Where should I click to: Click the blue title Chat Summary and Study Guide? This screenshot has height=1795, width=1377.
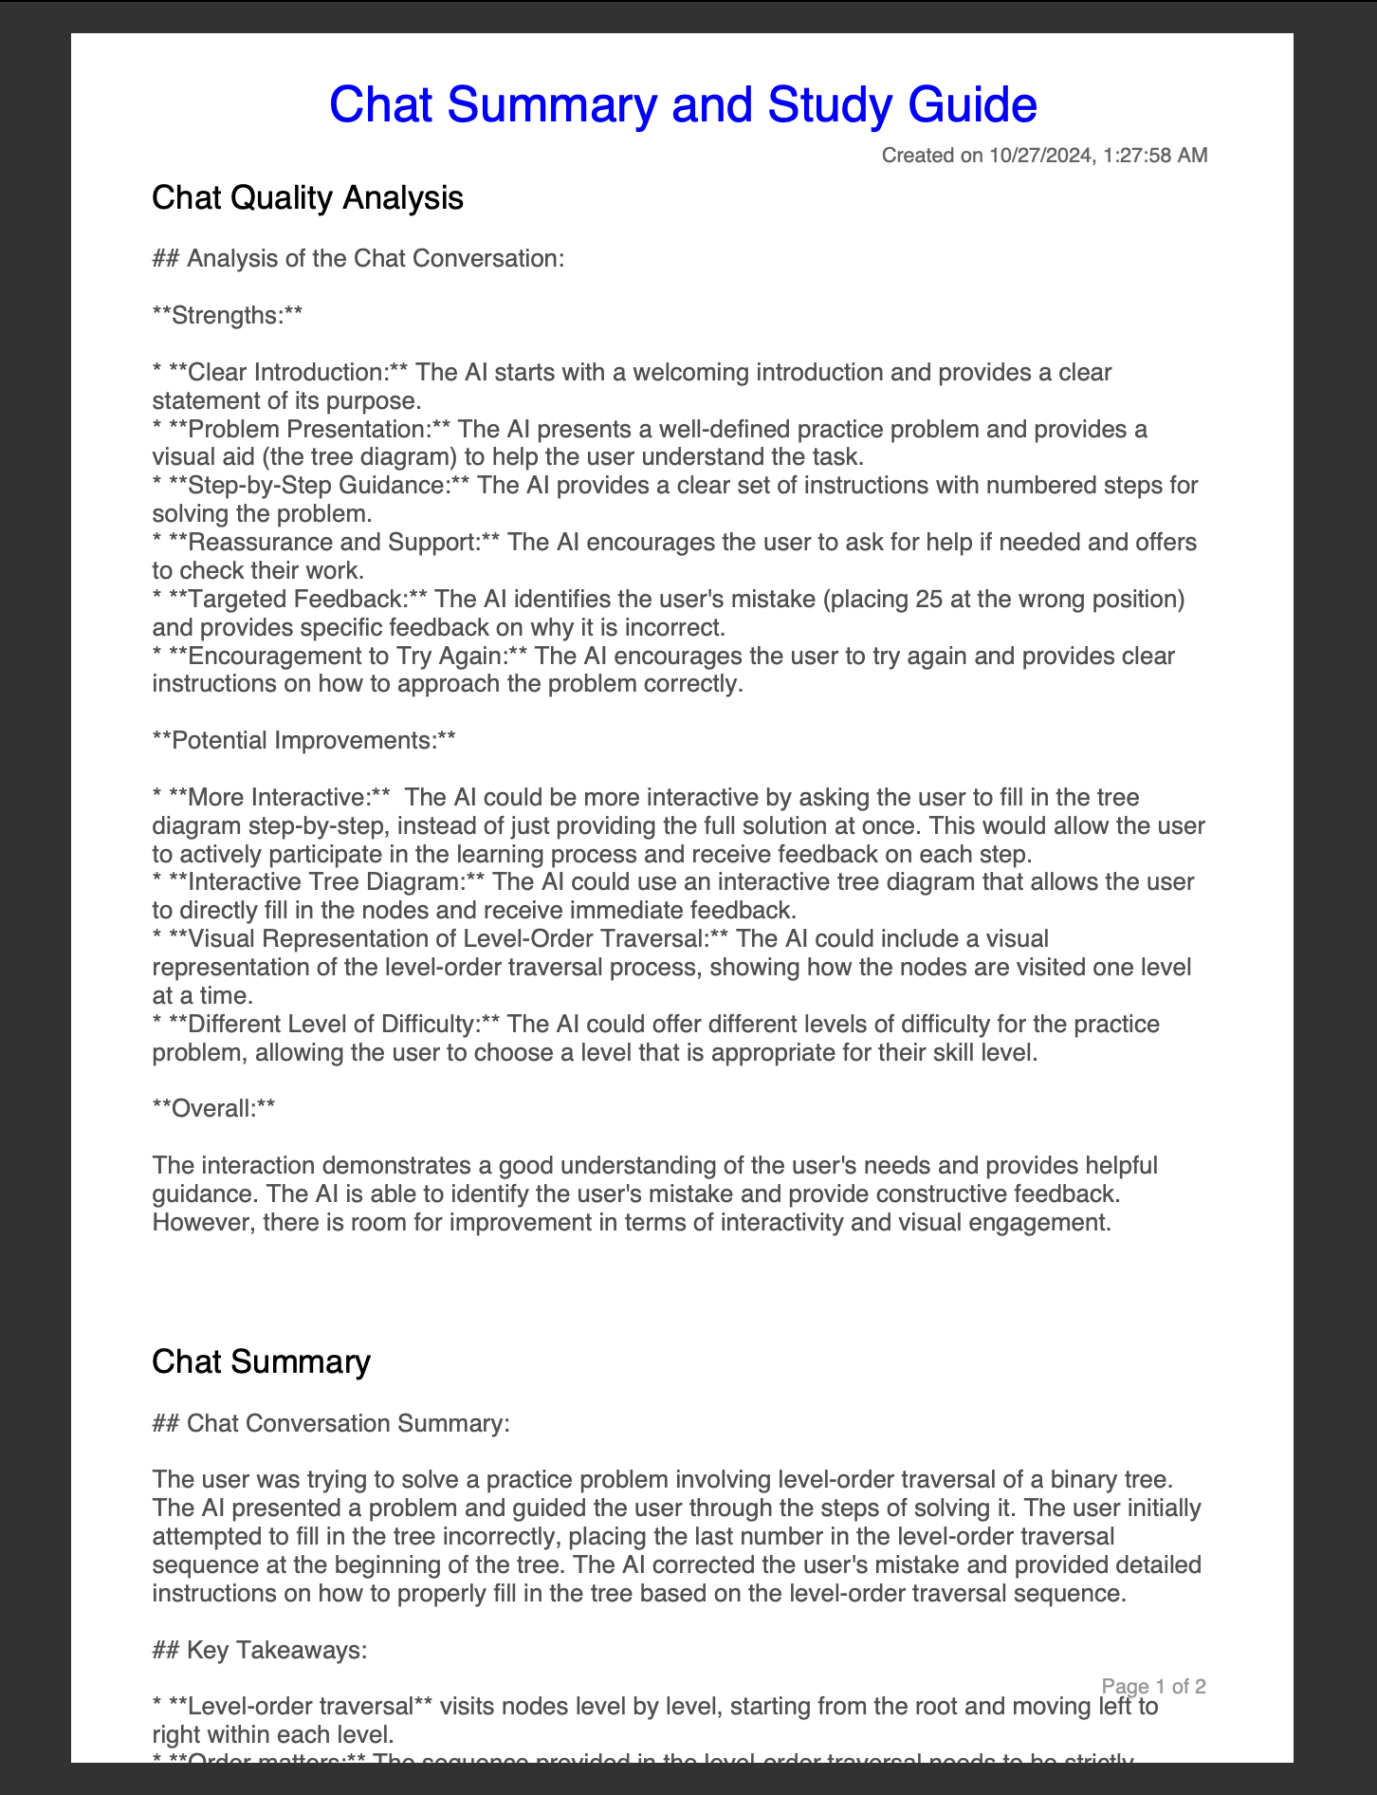coord(682,104)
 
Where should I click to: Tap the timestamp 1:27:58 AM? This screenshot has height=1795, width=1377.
coord(1156,156)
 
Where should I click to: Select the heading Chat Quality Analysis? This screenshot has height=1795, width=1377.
coord(307,197)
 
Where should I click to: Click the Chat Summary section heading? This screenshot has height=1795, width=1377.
coord(261,1361)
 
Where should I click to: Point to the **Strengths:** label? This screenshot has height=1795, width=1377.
coord(228,315)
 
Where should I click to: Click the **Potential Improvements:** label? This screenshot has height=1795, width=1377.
coord(303,740)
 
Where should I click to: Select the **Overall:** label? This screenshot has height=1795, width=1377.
coord(213,1108)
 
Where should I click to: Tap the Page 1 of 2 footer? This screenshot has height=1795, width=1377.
coord(1153,1686)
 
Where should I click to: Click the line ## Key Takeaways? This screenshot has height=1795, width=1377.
coord(259,1650)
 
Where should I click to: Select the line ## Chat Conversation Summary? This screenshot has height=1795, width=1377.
coord(330,1423)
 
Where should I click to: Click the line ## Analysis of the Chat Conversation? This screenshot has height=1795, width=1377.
coord(358,258)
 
